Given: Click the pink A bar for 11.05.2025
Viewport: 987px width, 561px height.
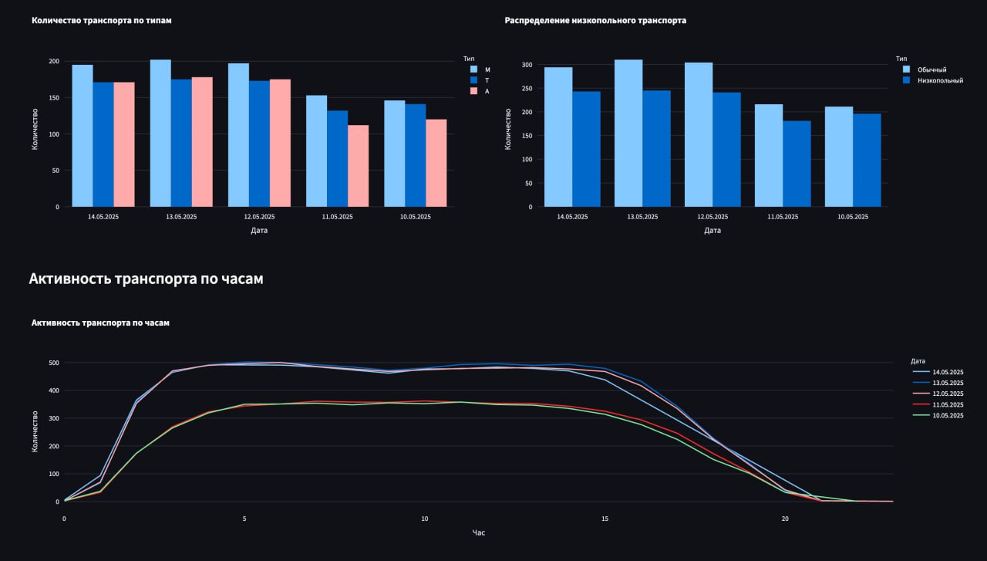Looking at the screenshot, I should [x=358, y=166].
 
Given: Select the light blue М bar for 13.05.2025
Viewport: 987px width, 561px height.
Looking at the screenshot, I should [x=160, y=133].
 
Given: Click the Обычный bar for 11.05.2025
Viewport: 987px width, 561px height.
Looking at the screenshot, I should [x=769, y=155].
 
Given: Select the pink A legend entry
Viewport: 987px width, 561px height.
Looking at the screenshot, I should [x=487, y=91].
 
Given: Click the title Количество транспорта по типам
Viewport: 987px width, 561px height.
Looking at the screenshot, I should [x=101, y=21].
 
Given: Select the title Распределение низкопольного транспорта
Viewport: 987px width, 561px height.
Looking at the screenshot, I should [x=595, y=21].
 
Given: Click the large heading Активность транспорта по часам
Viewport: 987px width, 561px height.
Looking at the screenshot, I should [x=146, y=279].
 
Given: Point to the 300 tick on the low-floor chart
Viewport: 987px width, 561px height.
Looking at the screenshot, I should [x=527, y=65].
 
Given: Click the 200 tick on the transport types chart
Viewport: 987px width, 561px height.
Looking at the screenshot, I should [x=53, y=61].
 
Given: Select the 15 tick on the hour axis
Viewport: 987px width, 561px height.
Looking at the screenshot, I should [x=605, y=519].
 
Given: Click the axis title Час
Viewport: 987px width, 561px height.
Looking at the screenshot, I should [x=479, y=532].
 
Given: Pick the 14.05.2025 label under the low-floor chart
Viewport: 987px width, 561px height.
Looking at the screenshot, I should [x=572, y=217].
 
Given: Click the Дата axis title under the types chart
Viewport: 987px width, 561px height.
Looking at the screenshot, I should [x=259, y=230].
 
